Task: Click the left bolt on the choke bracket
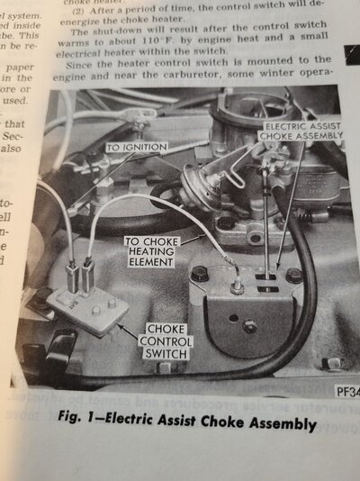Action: pos(199,273)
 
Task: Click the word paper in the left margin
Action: pos(16,67)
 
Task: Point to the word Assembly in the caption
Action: pos(281,423)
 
